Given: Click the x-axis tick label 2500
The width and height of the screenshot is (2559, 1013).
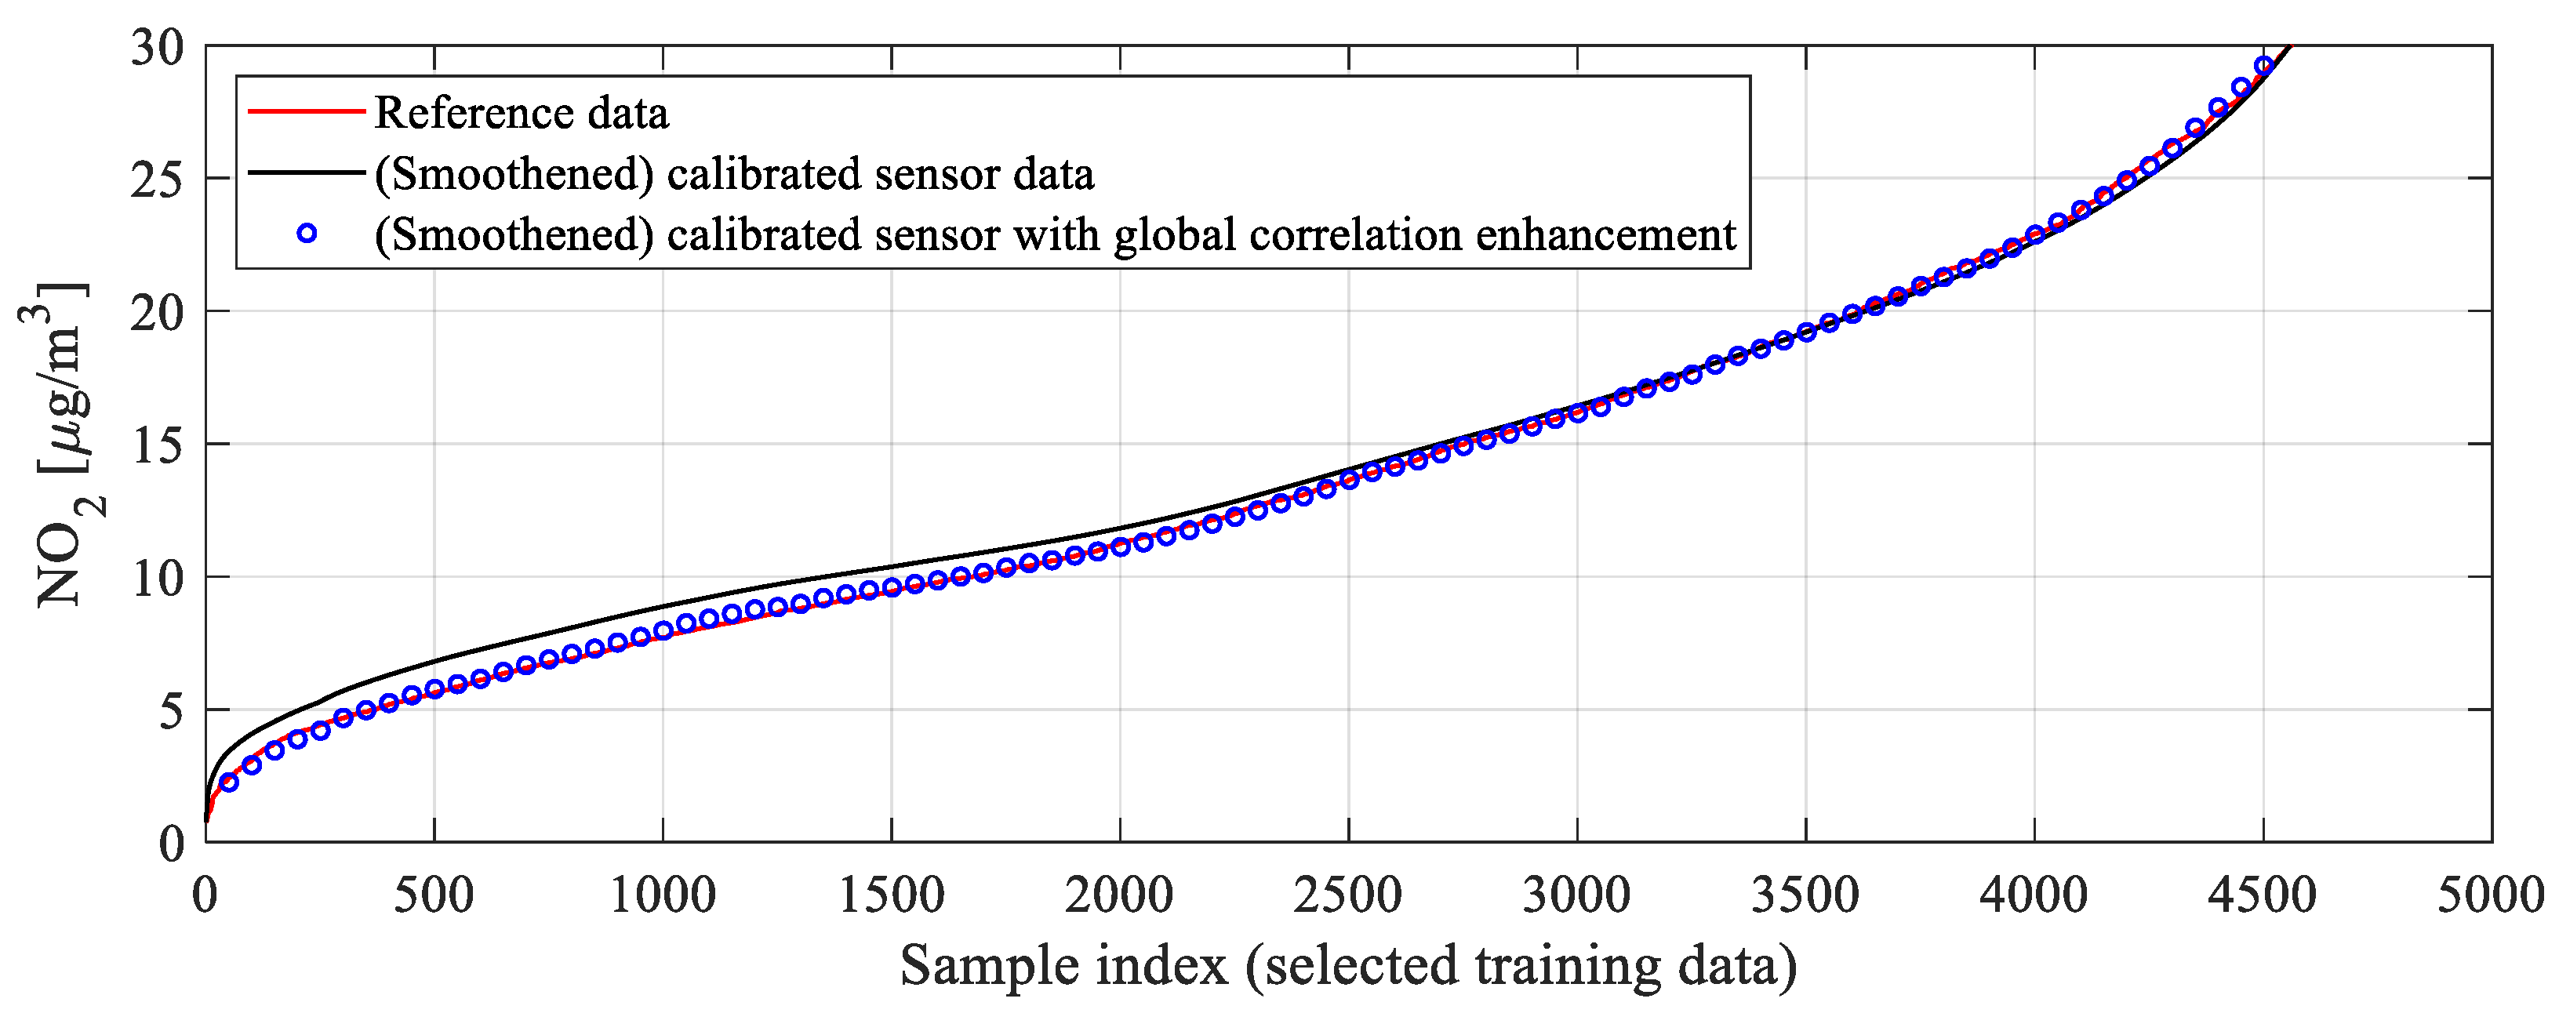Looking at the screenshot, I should pos(1347,896).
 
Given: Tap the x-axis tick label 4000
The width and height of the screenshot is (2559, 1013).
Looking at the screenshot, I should pos(2034,896).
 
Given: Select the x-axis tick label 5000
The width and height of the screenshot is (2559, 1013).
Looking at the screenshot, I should pos(2491,896).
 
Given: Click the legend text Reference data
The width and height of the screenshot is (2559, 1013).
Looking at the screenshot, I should pos(522,113).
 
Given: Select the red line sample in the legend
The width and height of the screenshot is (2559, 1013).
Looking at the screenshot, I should pos(306,111).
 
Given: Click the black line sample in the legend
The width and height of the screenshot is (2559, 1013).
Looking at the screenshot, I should pos(306,172).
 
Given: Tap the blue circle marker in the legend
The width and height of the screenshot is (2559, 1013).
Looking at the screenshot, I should pos(307,234).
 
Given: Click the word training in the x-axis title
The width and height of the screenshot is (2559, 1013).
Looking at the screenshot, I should pos(1568,965).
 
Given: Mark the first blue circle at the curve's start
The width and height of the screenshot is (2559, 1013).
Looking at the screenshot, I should pos(228,782).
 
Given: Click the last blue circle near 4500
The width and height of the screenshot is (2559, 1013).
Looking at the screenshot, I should pos(2264,67).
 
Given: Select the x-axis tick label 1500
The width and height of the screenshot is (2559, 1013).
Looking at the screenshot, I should pos(891,896).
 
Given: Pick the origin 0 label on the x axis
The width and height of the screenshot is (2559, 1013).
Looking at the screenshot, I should pos(205,896).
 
